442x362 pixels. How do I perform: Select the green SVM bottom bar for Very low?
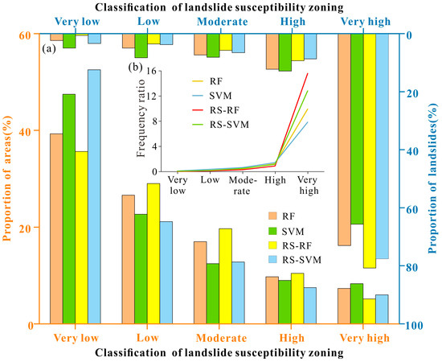pyautogui.click(x=69, y=209)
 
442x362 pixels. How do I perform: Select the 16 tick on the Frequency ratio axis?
pyautogui.click(x=150, y=72)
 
